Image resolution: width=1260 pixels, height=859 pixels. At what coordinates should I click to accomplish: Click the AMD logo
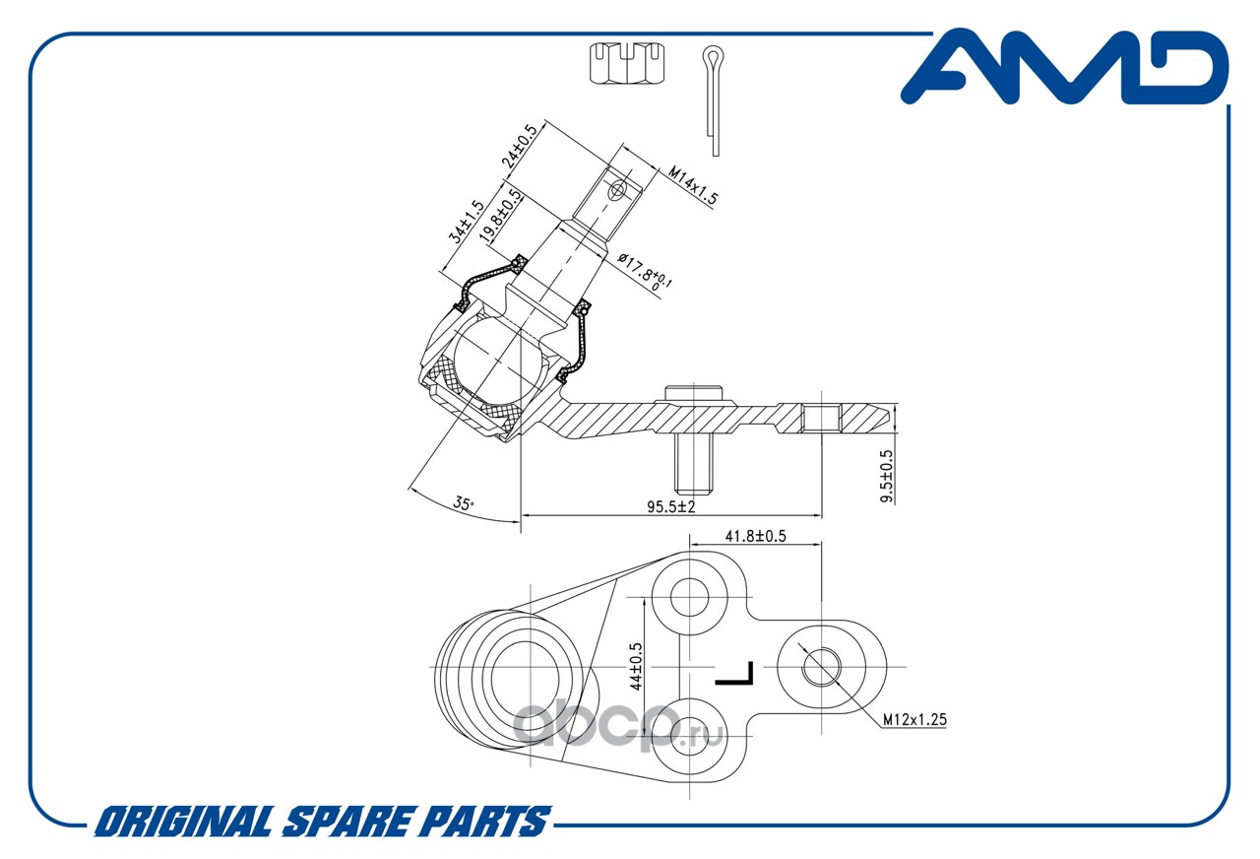pyautogui.click(x=1065, y=67)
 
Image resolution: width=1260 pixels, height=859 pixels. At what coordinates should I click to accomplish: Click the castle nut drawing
pyautogui.click(x=627, y=63)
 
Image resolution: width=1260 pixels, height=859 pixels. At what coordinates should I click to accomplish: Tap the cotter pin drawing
pyautogui.click(x=713, y=100)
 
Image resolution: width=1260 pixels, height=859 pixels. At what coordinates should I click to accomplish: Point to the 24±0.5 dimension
pyautogui.click(x=519, y=147)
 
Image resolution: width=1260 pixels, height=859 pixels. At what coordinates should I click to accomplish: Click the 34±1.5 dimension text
pyautogui.click(x=466, y=222)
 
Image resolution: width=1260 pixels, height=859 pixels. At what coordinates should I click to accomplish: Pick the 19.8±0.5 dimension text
pyautogui.click(x=501, y=216)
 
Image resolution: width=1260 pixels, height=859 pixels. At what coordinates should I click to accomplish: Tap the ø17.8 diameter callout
pyautogui.click(x=645, y=272)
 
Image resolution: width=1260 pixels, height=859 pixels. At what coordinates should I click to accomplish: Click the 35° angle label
pyautogui.click(x=464, y=503)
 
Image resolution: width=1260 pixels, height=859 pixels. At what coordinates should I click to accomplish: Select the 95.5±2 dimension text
pyautogui.click(x=671, y=506)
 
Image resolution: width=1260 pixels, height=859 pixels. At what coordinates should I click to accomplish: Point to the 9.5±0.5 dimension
pyautogui.click(x=887, y=476)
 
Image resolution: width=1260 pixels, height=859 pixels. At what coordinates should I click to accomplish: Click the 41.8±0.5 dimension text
pyautogui.click(x=755, y=536)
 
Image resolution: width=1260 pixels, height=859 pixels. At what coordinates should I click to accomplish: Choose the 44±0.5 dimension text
pyautogui.click(x=636, y=667)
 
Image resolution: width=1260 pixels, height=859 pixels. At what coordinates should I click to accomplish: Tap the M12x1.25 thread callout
pyautogui.click(x=914, y=719)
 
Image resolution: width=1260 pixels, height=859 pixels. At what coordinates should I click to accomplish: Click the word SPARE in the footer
pyautogui.click(x=347, y=822)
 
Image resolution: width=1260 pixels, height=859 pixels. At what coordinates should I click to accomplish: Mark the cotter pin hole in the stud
pyautogui.click(x=617, y=190)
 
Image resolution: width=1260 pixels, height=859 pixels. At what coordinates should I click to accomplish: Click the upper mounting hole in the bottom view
pyautogui.click(x=689, y=596)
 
